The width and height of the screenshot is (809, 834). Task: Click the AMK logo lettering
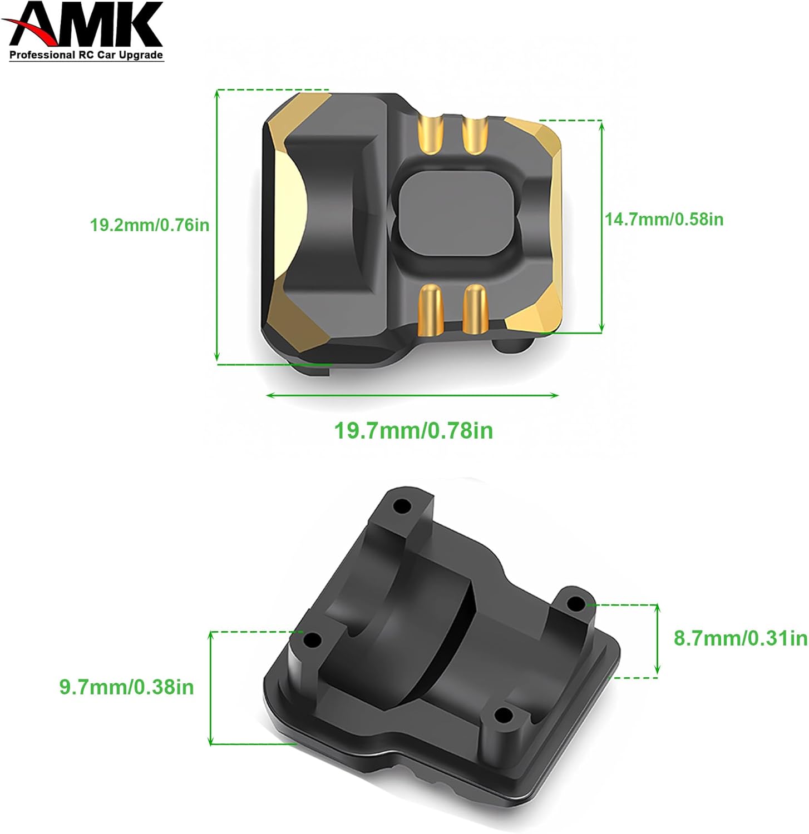(x=89, y=25)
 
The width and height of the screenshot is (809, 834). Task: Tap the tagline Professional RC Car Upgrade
(x=86, y=55)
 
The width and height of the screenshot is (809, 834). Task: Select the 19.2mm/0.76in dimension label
(x=150, y=225)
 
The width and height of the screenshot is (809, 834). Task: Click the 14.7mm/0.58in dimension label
(x=664, y=219)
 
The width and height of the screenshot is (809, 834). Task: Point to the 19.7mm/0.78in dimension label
(x=413, y=431)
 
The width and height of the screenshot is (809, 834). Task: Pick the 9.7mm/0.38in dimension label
(x=127, y=687)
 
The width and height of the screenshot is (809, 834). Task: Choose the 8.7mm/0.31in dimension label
(x=741, y=638)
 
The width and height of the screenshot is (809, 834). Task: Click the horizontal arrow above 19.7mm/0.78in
(x=412, y=395)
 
